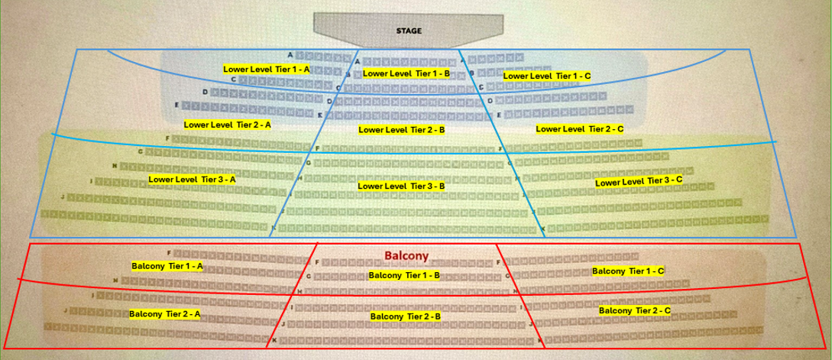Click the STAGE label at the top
click(x=409, y=31)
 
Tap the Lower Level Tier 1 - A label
click(x=267, y=69)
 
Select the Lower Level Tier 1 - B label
click(x=406, y=73)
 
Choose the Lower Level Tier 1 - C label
click(x=547, y=76)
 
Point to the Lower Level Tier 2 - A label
click(x=228, y=123)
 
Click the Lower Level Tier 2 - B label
click(x=402, y=130)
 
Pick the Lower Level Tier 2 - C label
click(x=579, y=129)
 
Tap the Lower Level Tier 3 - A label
click(x=193, y=179)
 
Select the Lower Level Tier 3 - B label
click(x=401, y=186)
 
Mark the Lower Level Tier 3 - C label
click(x=639, y=181)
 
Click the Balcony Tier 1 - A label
click(x=167, y=266)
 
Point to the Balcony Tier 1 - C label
click(x=628, y=271)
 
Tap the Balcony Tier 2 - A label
click(x=164, y=314)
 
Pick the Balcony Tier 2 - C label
click(x=635, y=310)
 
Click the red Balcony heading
click(x=406, y=256)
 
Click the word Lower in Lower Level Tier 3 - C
click(x=608, y=183)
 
